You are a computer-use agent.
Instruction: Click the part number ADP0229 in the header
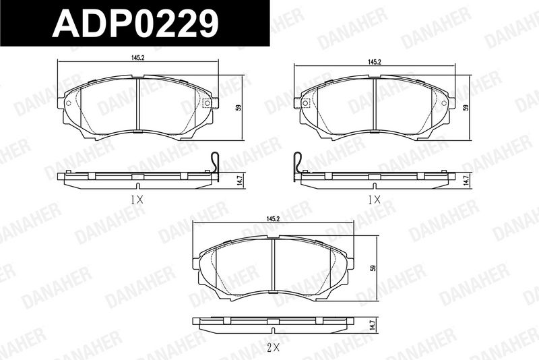click(x=135, y=23)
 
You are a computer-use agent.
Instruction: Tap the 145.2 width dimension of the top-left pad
click(x=137, y=58)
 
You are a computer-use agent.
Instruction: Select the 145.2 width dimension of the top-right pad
click(x=375, y=62)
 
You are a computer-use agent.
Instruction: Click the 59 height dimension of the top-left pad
click(x=239, y=107)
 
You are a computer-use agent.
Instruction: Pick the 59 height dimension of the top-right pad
click(x=466, y=107)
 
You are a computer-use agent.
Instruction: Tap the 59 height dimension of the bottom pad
click(x=373, y=268)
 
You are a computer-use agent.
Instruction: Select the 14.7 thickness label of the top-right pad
click(x=466, y=180)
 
